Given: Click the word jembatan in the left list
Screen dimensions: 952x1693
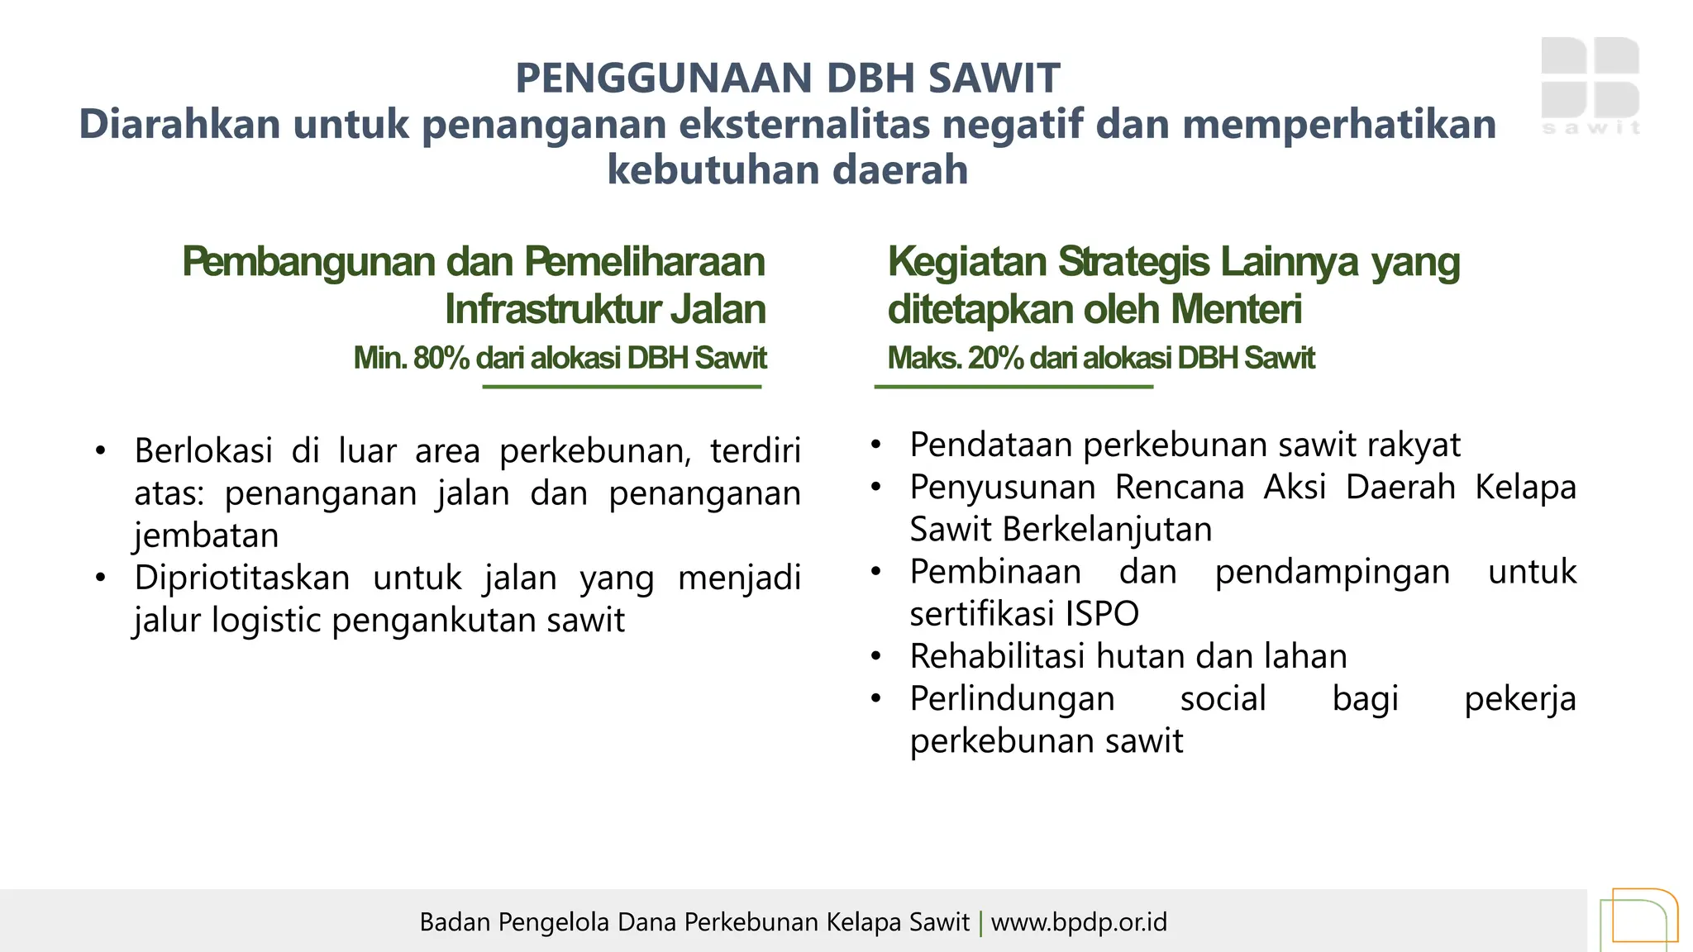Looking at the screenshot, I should tap(206, 535).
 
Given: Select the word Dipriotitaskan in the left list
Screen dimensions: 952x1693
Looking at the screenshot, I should tap(242, 578).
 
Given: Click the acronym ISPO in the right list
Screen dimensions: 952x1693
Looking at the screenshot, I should tap(1102, 614).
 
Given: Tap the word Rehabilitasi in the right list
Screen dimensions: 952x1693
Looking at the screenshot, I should tap(997, 656).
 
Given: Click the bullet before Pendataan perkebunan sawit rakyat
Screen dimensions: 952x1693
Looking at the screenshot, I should tap(876, 445).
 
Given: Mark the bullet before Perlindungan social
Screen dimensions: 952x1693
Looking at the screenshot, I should tap(876, 699).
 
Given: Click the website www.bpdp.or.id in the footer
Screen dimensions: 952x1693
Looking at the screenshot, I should tap(1079, 921).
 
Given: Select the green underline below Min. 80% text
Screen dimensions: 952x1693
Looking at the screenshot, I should tap(622, 386).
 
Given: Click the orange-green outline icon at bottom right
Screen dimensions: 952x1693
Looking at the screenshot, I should tap(1638, 919).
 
